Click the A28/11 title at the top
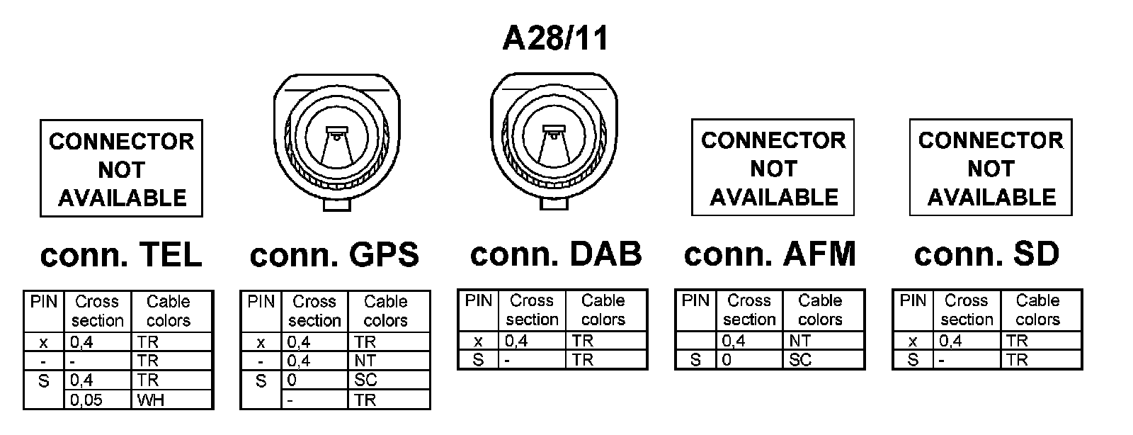coord(555,38)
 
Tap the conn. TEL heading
coord(121,255)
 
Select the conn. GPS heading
coord(334,255)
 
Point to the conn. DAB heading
coord(556,254)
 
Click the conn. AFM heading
coord(770,254)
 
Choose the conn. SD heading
coord(986,254)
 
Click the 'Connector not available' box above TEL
coord(121,169)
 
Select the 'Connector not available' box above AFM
coord(773,168)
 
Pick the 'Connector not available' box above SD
coord(991,168)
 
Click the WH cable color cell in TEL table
coord(172,400)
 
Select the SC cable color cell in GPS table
coord(389,380)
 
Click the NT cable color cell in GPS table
coord(389,361)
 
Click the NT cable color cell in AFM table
coord(824,341)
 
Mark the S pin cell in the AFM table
coord(695,361)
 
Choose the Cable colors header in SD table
coord(1037,310)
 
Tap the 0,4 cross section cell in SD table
coord(967,341)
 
